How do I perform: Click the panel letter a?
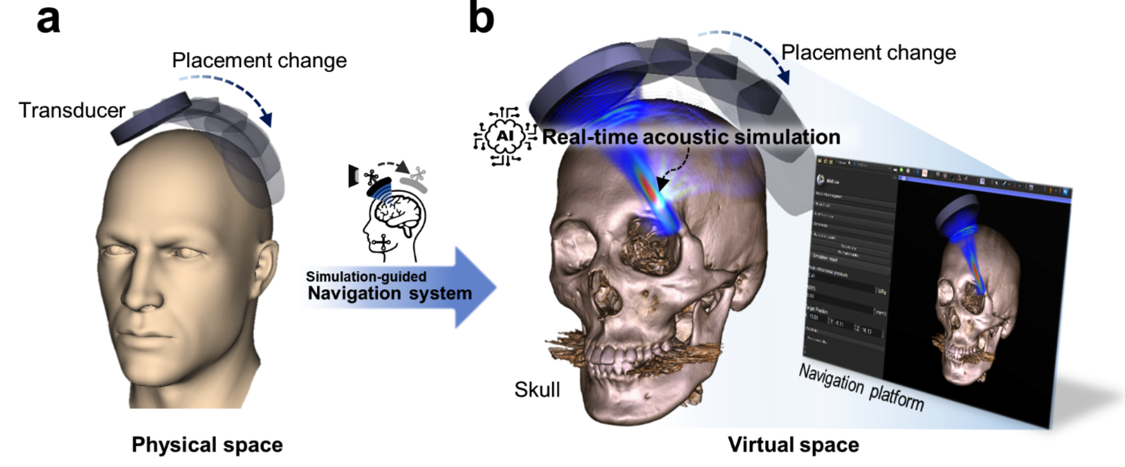48,19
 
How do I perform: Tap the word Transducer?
72,110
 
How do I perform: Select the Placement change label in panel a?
259,60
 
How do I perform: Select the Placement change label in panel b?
868,52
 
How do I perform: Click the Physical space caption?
207,445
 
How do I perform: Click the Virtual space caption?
793,445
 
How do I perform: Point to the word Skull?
537,390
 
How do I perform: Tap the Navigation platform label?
861,387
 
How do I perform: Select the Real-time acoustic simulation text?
691,137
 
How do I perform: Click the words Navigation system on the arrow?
390,293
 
